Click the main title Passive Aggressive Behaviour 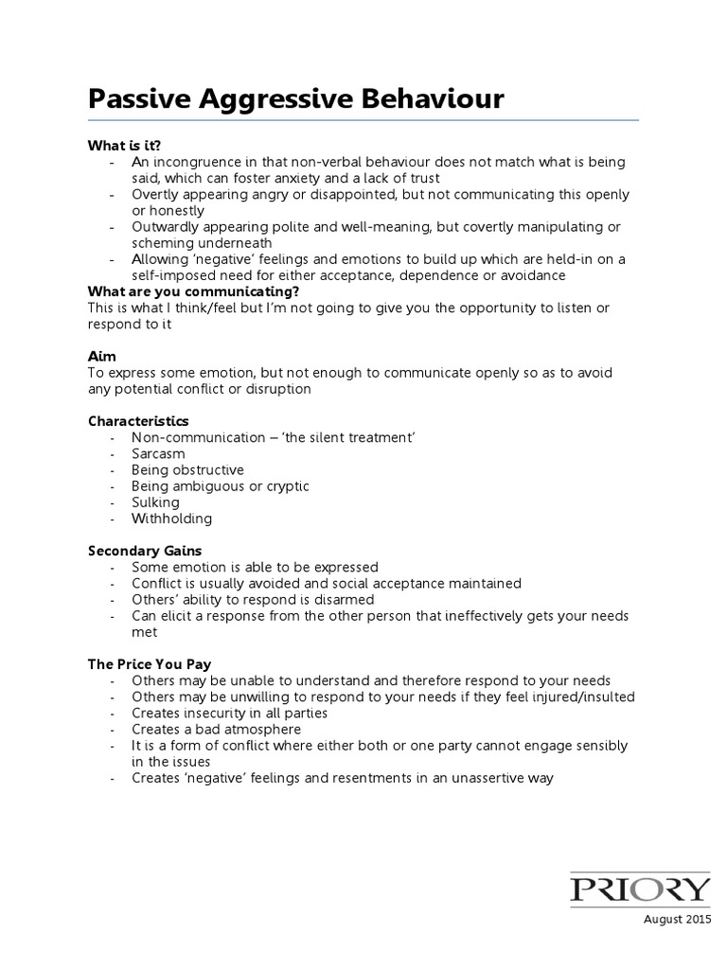(x=296, y=99)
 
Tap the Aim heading (x=101, y=356)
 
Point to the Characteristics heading (x=138, y=420)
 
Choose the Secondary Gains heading (x=145, y=550)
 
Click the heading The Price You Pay (x=150, y=664)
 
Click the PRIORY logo (x=640, y=889)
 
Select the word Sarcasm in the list (x=158, y=453)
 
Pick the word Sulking (x=155, y=502)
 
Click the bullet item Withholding (x=172, y=518)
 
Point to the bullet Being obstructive (x=187, y=469)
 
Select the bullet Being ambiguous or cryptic (x=221, y=485)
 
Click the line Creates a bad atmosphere (x=217, y=729)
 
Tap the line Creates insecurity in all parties (x=230, y=713)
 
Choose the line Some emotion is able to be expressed (x=255, y=567)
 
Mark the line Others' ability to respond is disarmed (x=253, y=599)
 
